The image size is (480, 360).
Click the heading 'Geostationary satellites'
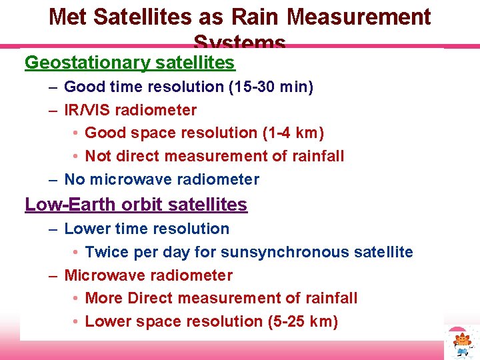pos(129,63)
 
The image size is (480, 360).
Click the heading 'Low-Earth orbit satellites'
pos(136,205)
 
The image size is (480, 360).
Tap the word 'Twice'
pos(107,252)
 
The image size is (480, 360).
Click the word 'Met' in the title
pos(69,17)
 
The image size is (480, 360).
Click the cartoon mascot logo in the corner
pos(463,343)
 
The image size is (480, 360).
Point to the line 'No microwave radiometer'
pos(161,179)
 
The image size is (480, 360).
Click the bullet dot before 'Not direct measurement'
pos(77,157)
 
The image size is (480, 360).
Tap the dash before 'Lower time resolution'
pos(53,229)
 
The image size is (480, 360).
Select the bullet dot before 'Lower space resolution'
pos(77,322)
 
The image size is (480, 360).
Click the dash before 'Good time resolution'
pos(53,87)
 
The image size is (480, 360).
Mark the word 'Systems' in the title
pos(240,43)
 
